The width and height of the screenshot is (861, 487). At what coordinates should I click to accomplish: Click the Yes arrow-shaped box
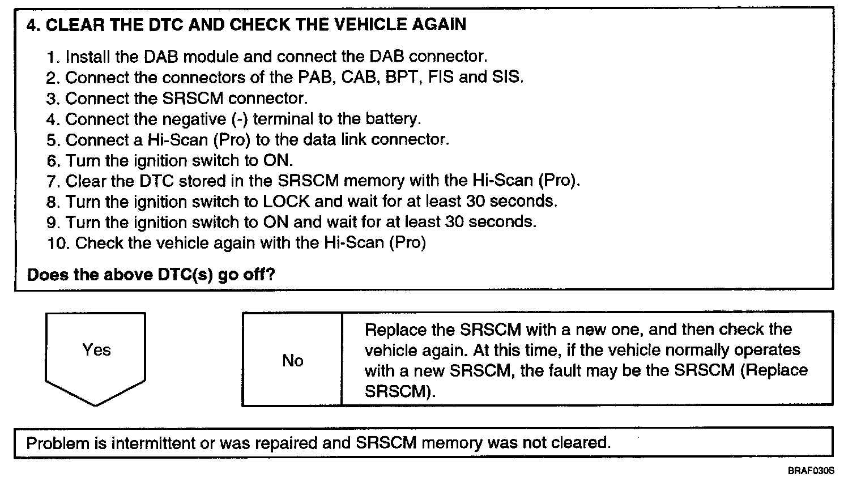[x=95, y=354]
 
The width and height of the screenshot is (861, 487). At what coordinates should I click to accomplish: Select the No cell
[x=292, y=361]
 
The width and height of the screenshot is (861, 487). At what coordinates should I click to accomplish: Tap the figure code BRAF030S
[x=811, y=471]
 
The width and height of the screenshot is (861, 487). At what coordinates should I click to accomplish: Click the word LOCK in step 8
[x=287, y=202]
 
